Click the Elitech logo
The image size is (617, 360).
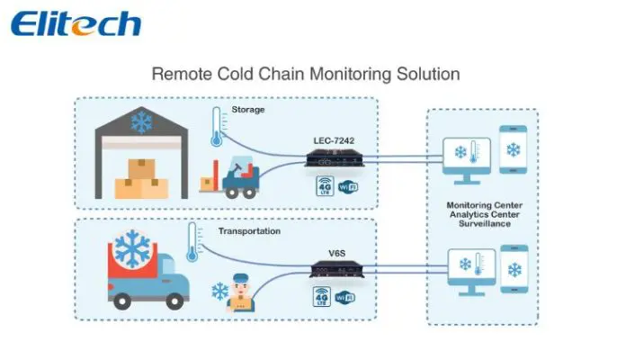[76, 22]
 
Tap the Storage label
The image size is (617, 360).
[247, 111]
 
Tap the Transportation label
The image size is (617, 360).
[250, 231]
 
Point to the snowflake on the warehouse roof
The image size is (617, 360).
[142, 122]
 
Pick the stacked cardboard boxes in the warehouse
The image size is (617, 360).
[141, 178]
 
